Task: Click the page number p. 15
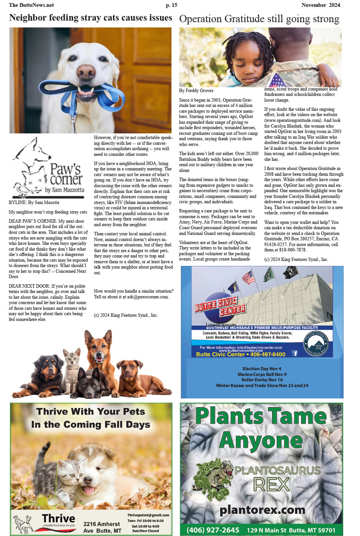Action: pos(171,5)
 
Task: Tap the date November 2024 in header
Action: pos(320,5)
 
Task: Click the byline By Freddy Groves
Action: pos(196,91)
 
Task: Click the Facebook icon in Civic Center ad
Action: pos(295,353)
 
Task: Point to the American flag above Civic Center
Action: pos(249,277)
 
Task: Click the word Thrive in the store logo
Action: pos(58,518)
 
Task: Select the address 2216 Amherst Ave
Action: pos(102,527)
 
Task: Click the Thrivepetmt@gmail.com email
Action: pos(148,515)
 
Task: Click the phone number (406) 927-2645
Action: pos(213,530)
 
